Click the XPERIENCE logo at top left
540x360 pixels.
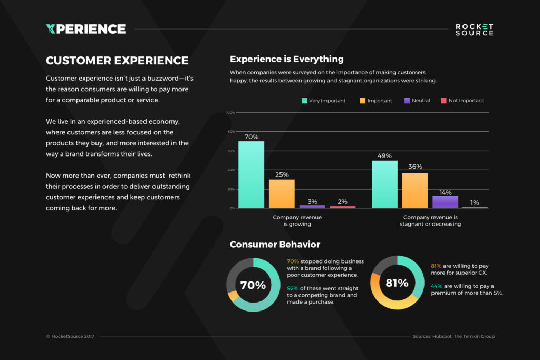[x=85, y=29]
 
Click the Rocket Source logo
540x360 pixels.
[x=475, y=30]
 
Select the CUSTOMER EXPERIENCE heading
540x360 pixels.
[x=117, y=61]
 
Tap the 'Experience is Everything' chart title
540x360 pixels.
[x=286, y=59]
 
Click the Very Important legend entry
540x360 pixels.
[x=323, y=101]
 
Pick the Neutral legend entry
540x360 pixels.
[x=417, y=101]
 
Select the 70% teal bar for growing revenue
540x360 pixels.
[x=251, y=174]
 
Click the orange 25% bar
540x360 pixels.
[x=282, y=193]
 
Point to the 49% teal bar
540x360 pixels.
[x=384, y=184]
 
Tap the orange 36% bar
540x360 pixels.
[x=415, y=190]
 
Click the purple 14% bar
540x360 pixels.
[x=445, y=202]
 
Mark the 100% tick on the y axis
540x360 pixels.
[x=230, y=113]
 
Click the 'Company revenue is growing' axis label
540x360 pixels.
[x=297, y=220]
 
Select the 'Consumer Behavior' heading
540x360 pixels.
[x=275, y=245]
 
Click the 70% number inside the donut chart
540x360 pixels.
[x=253, y=285]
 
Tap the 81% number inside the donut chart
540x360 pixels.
[x=397, y=283]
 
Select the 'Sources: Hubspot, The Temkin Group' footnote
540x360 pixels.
[x=453, y=336]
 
